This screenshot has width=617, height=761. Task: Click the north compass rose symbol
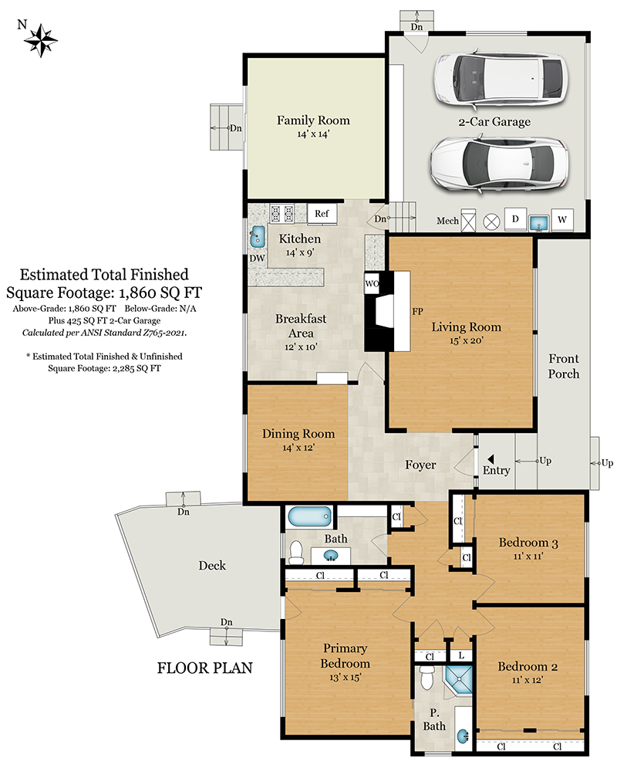click(41, 40)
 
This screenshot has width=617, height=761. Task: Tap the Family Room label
click(313, 120)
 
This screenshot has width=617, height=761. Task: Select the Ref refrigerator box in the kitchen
click(322, 214)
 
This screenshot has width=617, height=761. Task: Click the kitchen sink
click(257, 236)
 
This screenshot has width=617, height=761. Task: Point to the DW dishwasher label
click(257, 259)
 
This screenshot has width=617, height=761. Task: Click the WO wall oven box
click(372, 283)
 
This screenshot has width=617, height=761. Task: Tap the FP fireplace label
click(417, 311)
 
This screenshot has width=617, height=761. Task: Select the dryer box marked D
click(515, 219)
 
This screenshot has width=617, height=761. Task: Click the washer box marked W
click(561, 219)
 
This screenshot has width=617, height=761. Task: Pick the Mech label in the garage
click(447, 221)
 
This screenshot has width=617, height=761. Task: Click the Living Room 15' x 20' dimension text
click(466, 340)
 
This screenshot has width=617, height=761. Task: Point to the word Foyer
click(420, 465)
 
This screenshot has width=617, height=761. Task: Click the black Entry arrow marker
click(491, 458)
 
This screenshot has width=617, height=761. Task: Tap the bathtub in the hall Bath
click(310, 517)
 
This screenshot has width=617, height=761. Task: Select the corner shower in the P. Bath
click(459, 679)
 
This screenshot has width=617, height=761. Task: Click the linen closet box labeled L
click(461, 655)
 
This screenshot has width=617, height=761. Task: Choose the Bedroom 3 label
click(528, 543)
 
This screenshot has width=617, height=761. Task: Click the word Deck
click(212, 566)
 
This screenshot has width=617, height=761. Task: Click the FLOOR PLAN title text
click(204, 668)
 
